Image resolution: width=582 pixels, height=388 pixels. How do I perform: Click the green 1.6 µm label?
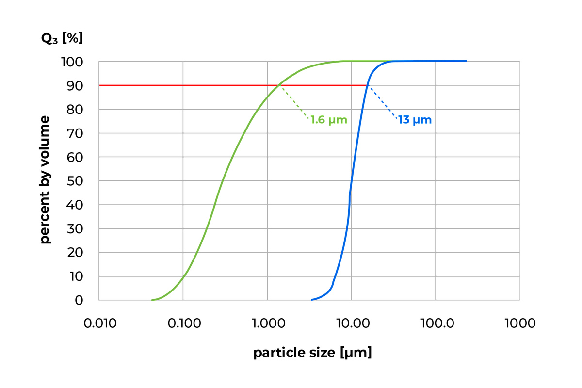[329, 120]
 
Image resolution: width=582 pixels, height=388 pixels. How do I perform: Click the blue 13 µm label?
[414, 120]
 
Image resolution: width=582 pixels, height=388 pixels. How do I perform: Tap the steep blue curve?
[350, 194]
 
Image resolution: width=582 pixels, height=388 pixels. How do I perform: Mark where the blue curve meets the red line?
[367, 85]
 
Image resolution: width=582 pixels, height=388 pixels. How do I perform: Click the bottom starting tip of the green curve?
[152, 300]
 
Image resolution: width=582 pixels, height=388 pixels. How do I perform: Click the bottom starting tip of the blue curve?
[312, 300]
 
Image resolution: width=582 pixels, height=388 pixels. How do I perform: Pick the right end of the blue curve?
[466, 60]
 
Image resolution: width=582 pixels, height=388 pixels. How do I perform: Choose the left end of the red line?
[100, 85]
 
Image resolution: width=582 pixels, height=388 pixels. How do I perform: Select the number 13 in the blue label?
[404, 120]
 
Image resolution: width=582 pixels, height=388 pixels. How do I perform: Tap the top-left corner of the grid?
[98, 61]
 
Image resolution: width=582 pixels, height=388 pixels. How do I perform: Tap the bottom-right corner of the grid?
[520, 301]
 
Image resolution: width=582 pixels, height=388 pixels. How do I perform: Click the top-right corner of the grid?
[520, 61]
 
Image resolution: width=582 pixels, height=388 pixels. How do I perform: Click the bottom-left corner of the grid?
[98, 301]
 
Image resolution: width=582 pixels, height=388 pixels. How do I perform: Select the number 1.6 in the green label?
[318, 120]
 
